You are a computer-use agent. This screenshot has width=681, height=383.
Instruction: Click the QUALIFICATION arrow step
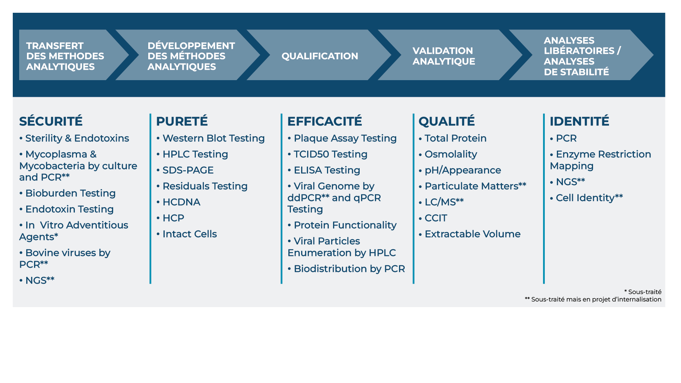pos(320,56)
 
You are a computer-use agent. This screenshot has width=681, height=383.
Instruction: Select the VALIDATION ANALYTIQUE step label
pos(443,56)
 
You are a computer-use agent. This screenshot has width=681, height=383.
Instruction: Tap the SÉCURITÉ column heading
pos(51,121)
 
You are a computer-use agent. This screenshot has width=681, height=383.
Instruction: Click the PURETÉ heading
pos(182,121)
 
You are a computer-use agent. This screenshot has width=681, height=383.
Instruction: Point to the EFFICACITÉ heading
pos(325,121)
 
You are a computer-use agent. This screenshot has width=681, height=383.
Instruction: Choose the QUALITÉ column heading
pos(447,121)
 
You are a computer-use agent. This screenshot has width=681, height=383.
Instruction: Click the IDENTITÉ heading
pos(579,121)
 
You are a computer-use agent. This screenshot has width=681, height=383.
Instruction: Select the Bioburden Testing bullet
pos(70,193)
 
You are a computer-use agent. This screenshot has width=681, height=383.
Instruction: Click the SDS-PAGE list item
pos(188,170)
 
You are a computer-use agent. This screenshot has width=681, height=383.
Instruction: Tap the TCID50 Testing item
pos(330,154)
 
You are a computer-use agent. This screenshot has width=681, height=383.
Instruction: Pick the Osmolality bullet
pos(450,154)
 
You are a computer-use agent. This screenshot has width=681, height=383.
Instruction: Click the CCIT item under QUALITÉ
pos(436,218)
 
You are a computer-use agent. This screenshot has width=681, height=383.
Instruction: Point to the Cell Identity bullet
pos(589,198)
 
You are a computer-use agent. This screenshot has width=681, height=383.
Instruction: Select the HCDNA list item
pos(181,202)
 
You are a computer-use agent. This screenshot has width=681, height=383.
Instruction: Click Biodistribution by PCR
pos(349,269)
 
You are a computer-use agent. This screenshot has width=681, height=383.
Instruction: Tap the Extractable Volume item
pos(472,234)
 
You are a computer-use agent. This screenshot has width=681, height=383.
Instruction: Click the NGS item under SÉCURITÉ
pos(39,281)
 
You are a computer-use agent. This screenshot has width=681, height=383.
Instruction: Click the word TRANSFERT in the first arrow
pos(55,46)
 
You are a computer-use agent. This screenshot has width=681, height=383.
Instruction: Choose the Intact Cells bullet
pos(189,234)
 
